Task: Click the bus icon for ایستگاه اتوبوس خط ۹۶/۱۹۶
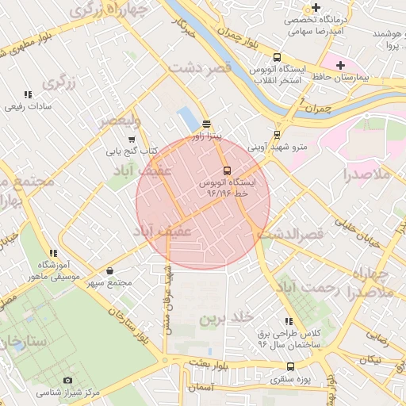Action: [x=228, y=170]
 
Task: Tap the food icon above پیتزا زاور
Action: [x=207, y=124]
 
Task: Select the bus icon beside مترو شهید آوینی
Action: [x=277, y=135]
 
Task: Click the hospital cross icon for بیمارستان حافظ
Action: [x=340, y=65]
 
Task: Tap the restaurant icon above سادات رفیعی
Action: [x=29, y=94]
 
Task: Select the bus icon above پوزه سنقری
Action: [x=291, y=366]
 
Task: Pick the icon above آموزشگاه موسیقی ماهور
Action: [x=53, y=253]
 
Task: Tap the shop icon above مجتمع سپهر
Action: [x=109, y=270]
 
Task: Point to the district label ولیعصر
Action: [x=119, y=121]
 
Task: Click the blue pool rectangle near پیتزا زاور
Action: [x=189, y=119]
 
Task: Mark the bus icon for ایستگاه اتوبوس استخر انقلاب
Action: [x=277, y=57]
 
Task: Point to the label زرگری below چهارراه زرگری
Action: [x=63, y=82]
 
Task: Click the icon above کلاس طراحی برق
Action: [x=289, y=321]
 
